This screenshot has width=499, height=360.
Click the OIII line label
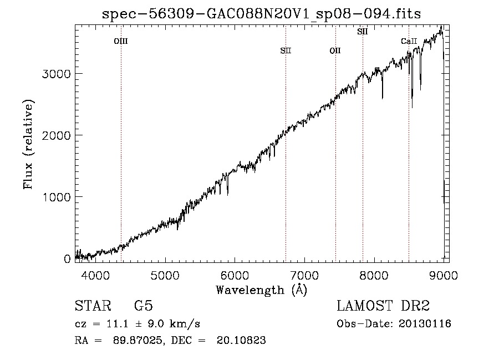[x=121, y=41]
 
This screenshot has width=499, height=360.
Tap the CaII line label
[x=409, y=41]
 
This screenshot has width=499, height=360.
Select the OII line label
[x=335, y=50]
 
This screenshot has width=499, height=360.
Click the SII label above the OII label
[x=362, y=32]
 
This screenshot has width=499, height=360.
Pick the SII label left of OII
[x=286, y=50]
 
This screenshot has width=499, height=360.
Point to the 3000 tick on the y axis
[x=56, y=74]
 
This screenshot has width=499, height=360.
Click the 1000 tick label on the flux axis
[x=56, y=197]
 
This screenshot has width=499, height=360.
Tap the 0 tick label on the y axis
[x=67, y=259]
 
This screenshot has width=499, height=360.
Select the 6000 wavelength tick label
[x=235, y=275]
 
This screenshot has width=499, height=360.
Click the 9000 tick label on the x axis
[x=444, y=275]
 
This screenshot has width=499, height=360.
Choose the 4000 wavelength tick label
[x=95, y=275]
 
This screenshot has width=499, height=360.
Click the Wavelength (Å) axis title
[x=262, y=290]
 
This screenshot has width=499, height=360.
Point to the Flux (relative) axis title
[x=28, y=144]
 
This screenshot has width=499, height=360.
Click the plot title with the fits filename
[x=261, y=14]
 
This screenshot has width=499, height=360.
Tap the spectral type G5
[x=144, y=306]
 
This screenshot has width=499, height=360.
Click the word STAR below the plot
[x=93, y=306]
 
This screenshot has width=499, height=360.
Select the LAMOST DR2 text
[x=383, y=306]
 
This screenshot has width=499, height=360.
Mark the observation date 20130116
[x=425, y=324]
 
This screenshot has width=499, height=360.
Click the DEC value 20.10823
[x=241, y=340]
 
